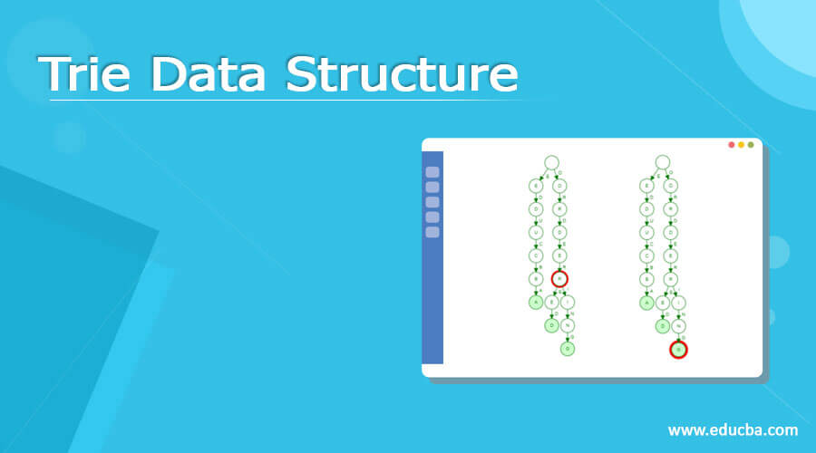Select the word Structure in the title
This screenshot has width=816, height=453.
pyautogui.click(x=402, y=73)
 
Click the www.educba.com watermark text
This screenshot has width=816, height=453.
pyautogui.click(x=733, y=429)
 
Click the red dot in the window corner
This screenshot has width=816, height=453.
pyautogui.click(x=732, y=145)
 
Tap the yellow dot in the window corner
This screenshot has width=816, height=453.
pyautogui.click(x=741, y=145)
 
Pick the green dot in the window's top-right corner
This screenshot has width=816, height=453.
pyautogui.click(x=750, y=145)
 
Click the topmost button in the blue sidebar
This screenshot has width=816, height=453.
pyautogui.click(x=432, y=172)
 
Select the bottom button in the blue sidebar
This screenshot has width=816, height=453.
pyautogui.click(x=432, y=232)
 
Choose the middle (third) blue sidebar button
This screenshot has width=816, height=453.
pyautogui.click(x=432, y=202)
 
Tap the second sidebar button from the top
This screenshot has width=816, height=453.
pyautogui.click(x=432, y=187)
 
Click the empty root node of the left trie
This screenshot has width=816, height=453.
pyautogui.click(x=551, y=163)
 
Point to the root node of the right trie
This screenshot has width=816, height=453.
pyautogui.click(x=663, y=163)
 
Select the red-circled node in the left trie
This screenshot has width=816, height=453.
pyautogui.click(x=559, y=279)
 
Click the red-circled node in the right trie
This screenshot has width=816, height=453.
pyautogui.click(x=678, y=349)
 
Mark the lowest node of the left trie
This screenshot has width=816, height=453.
pyautogui.click(x=568, y=348)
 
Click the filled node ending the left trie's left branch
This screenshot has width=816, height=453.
pyautogui.click(x=536, y=303)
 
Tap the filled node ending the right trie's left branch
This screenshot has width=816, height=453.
pyautogui.click(x=646, y=303)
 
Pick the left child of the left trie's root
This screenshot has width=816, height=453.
pyautogui.click(x=536, y=186)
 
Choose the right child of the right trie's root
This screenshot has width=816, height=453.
pyautogui.click(x=671, y=186)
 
